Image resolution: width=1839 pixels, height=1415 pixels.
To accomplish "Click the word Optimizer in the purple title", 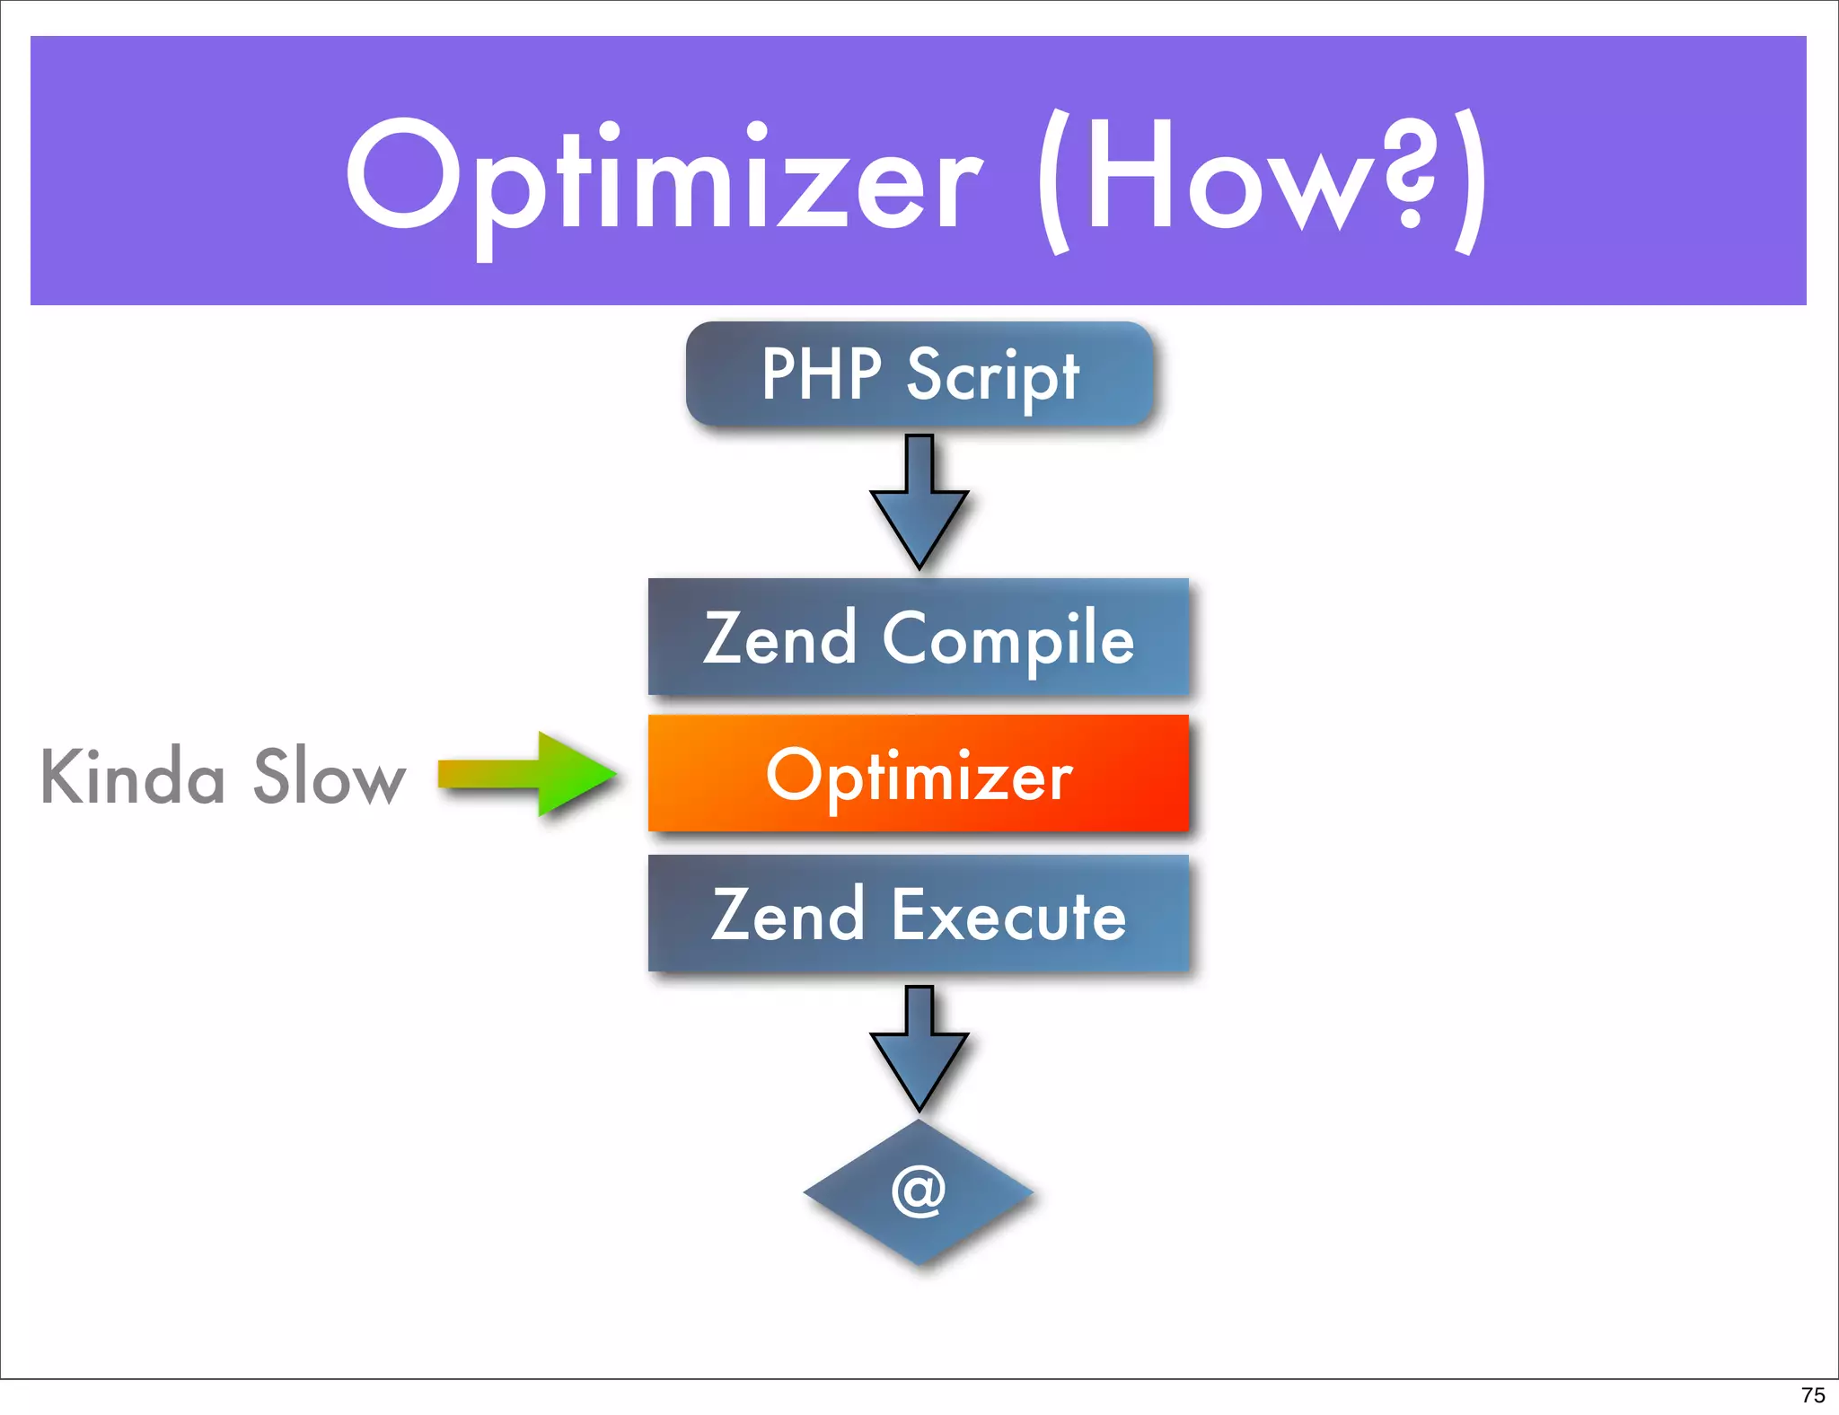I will [664, 180].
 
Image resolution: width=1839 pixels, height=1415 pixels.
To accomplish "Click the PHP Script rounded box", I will [919, 374].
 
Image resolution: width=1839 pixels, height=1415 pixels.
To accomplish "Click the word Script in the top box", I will [992, 375].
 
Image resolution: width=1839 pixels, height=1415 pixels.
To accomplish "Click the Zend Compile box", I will [919, 637].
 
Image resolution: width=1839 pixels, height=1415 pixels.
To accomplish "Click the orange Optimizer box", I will [919, 774].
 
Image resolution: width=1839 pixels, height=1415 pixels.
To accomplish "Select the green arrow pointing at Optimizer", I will [530, 774].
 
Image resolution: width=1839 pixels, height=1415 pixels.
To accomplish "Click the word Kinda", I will [133, 776].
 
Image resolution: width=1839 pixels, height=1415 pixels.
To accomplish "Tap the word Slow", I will [330, 776].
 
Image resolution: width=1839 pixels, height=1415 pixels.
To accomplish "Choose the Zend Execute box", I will [919, 913].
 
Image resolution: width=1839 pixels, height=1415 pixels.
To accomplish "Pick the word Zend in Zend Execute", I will [788, 916].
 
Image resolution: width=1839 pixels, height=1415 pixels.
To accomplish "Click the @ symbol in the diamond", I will [919, 1191].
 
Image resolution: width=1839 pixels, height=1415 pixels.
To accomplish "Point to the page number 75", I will [1812, 1394].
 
